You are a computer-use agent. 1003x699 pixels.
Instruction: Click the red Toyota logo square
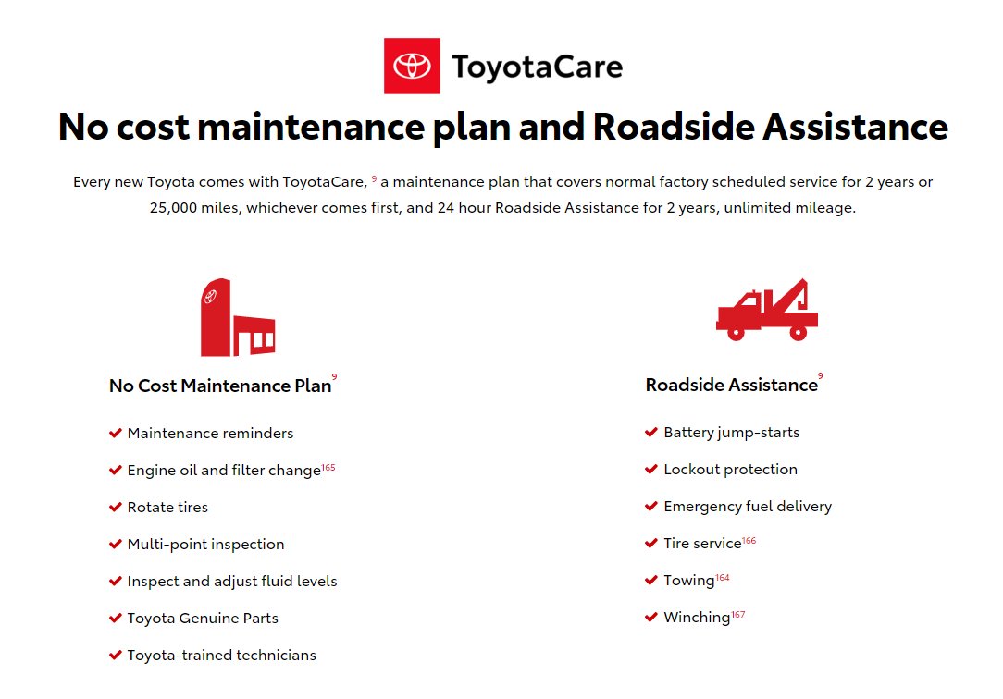pos(412,66)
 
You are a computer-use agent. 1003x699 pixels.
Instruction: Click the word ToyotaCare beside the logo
pos(537,67)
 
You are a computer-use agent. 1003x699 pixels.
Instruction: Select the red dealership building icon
pos(238,317)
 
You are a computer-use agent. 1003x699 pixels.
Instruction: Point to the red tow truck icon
pos(767,310)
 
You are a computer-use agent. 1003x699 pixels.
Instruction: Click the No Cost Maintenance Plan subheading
pos(220,386)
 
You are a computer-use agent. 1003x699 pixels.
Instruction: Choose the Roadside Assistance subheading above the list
pos(731,385)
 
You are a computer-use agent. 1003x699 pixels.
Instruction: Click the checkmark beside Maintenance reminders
pos(115,434)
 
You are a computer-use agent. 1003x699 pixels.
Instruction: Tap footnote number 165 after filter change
pos(328,467)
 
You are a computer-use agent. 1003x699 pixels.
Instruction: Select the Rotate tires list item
pos(167,508)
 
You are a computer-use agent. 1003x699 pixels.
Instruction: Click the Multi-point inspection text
pos(206,545)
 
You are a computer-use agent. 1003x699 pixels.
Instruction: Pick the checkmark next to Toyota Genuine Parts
pos(115,618)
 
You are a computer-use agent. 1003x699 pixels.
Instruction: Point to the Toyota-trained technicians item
pos(221,655)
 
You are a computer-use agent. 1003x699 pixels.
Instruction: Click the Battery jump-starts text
pos(732,433)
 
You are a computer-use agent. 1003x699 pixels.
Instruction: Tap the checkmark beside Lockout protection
pos(651,470)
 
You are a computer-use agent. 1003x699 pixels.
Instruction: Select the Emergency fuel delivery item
pos(748,507)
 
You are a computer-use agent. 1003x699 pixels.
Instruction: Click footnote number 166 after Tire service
pos(749,541)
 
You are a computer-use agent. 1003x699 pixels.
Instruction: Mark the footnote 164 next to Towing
pos(723,578)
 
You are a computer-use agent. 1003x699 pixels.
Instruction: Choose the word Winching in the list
pos(697,618)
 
